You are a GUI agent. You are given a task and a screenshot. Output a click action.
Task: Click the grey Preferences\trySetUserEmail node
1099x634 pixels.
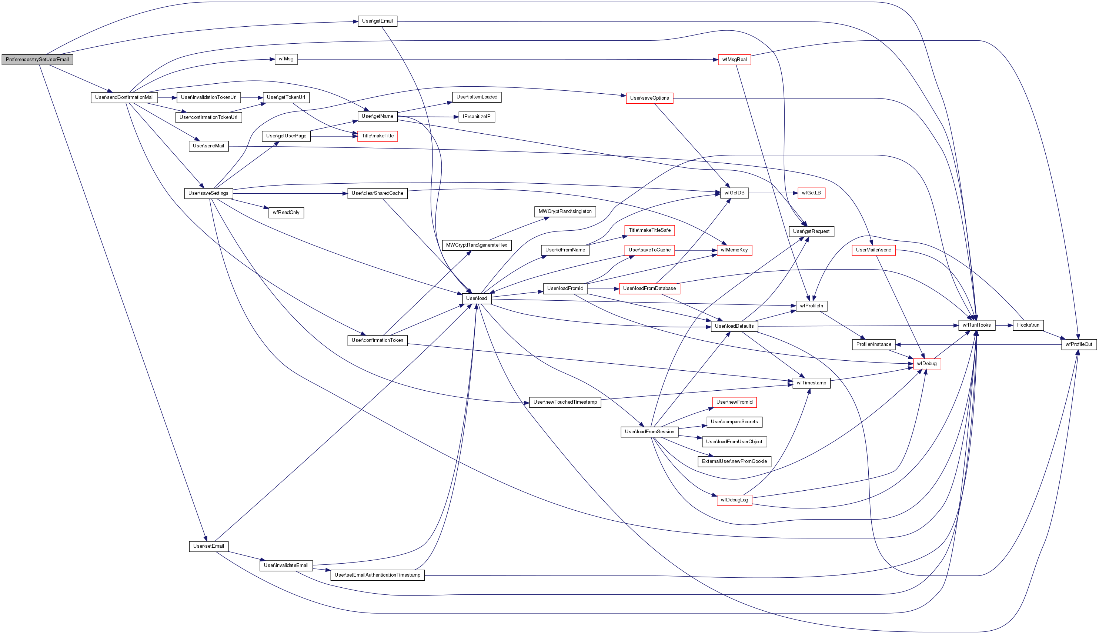(37, 60)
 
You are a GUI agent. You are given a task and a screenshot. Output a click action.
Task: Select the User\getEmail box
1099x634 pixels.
(377, 21)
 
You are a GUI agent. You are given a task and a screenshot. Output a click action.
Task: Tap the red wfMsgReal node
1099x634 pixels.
(734, 60)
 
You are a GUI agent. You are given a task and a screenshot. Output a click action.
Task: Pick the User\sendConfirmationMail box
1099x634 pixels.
(124, 97)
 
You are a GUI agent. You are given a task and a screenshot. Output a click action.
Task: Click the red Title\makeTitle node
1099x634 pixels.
(377, 136)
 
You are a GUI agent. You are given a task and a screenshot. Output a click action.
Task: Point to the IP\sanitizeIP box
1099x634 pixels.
(476, 117)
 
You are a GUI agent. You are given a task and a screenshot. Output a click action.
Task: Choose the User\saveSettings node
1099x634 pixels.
(208, 193)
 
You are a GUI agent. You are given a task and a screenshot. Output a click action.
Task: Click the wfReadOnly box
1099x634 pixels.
(286, 213)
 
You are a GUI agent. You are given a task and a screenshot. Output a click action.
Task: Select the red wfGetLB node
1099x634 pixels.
(811, 193)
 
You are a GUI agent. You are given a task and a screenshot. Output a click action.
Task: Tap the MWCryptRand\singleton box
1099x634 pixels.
(565, 211)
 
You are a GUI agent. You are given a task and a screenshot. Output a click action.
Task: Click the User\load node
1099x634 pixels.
(477, 298)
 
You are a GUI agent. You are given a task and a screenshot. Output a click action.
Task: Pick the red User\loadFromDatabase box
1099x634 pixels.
(649, 288)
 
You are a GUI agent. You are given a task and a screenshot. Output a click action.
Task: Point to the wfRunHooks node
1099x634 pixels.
(976, 325)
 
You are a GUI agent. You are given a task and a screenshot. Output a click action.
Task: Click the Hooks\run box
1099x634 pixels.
(1028, 325)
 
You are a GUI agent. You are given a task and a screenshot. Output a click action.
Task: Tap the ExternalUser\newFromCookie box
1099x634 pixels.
(734, 461)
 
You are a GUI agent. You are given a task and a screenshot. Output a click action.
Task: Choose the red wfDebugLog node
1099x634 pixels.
(734, 500)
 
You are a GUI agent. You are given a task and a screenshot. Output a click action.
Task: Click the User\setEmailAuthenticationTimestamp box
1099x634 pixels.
(377, 575)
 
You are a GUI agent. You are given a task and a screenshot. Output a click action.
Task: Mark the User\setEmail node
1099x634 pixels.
(208, 546)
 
